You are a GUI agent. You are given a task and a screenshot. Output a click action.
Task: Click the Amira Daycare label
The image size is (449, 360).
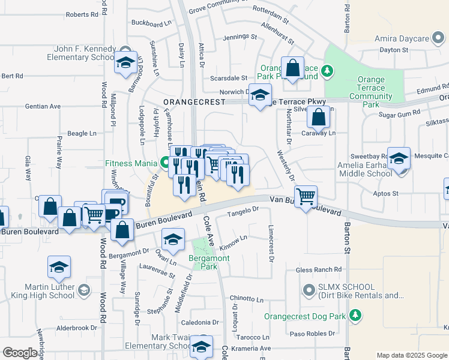[402, 38]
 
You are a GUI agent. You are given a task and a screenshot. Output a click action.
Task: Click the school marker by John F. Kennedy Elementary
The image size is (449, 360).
[126, 62]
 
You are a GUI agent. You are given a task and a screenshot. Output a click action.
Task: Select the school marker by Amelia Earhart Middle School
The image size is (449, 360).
[399, 159]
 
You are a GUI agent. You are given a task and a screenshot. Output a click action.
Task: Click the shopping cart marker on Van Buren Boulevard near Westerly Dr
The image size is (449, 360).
[306, 196]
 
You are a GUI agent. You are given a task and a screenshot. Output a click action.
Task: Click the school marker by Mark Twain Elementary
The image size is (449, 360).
[201, 346]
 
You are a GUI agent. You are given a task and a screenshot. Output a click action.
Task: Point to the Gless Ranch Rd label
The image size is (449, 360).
[318, 270]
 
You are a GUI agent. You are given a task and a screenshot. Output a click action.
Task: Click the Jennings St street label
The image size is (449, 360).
[240, 37]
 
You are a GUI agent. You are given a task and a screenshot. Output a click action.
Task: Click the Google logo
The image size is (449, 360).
[20, 353]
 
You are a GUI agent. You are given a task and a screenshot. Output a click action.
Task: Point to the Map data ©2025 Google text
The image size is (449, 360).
[411, 355]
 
